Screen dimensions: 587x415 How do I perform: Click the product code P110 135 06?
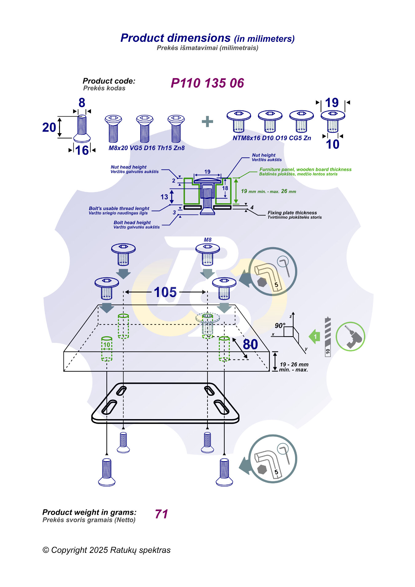point(207,83)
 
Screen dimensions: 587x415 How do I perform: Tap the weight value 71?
point(161,514)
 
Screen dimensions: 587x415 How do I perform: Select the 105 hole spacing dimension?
point(165,292)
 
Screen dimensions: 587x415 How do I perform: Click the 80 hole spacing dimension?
point(250,344)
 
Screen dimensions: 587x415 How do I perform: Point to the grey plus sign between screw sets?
point(207,121)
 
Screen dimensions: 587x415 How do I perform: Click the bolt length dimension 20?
point(49,127)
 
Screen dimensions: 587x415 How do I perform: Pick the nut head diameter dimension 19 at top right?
point(332,103)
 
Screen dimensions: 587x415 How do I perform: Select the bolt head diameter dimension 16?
point(82,150)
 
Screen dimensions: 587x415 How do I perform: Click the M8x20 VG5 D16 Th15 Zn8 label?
point(147,148)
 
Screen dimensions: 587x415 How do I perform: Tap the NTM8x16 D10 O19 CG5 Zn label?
point(272,138)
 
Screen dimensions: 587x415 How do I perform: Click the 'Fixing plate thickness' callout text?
point(292,213)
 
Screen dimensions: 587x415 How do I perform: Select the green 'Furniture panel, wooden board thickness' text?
point(305,169)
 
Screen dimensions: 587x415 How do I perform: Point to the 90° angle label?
point(280,325)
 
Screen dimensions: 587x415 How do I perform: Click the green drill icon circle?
point(350,337)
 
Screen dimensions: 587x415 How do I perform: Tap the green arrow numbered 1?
point(315,337)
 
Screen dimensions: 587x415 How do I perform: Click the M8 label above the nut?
point(207,240)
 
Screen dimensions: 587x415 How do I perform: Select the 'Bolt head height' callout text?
point(132,223)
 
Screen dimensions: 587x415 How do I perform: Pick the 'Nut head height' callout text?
point(128,167)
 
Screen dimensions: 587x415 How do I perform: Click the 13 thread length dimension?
point(164,197)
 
